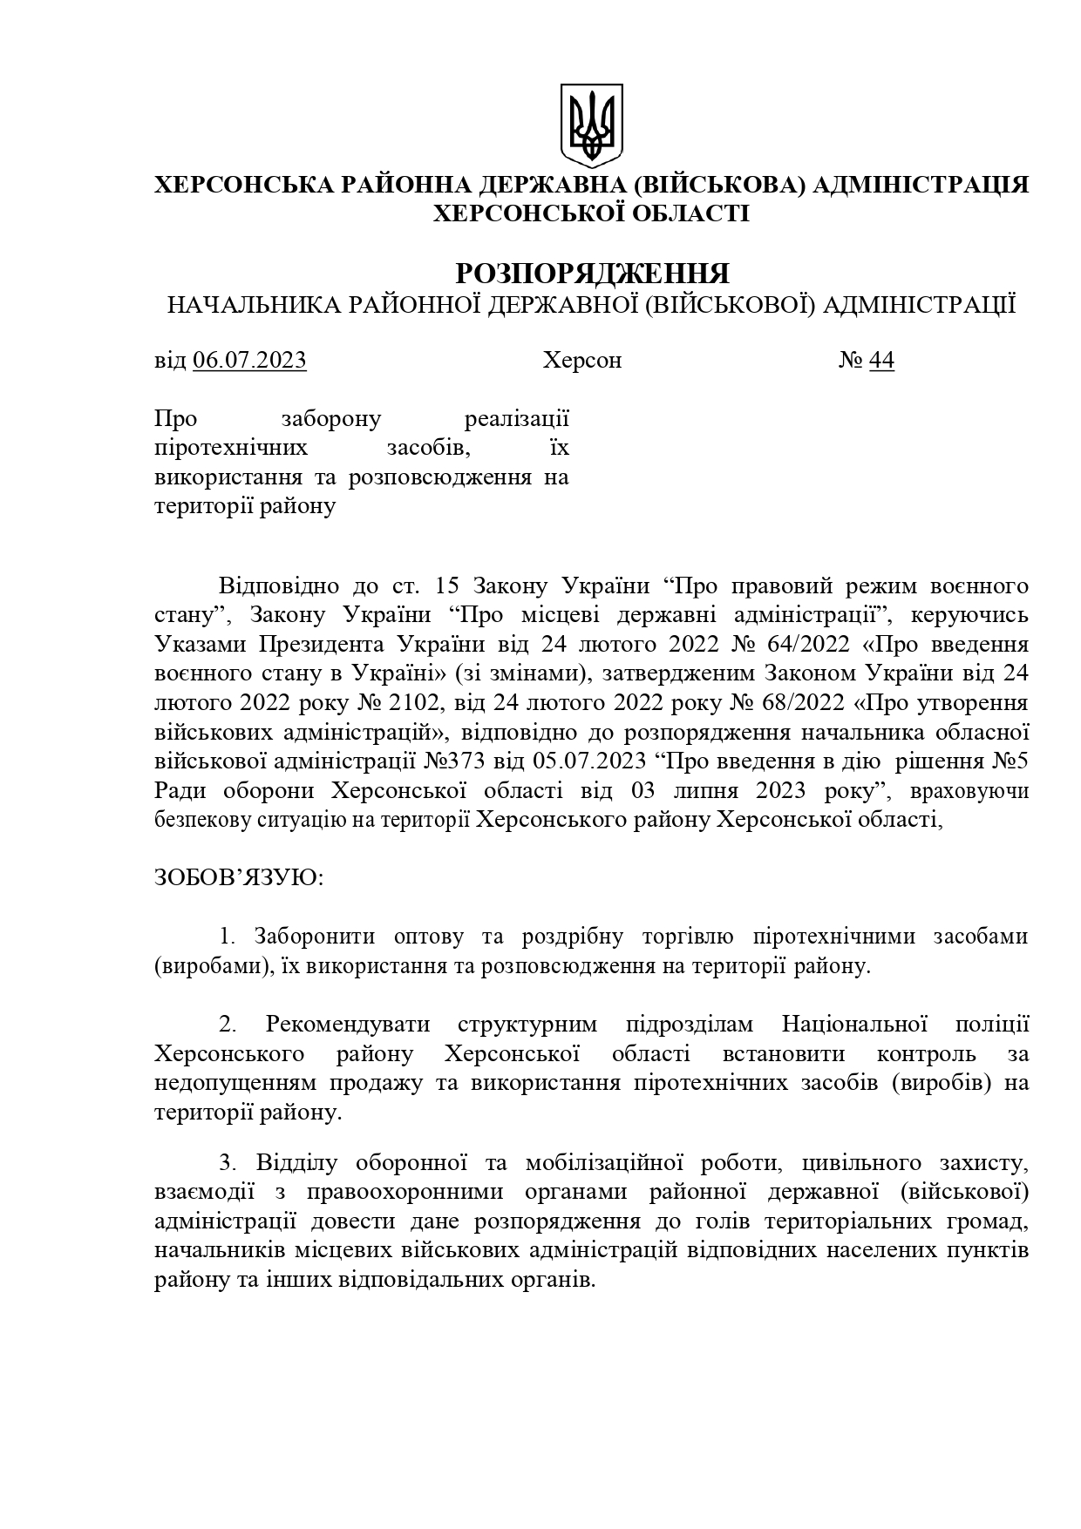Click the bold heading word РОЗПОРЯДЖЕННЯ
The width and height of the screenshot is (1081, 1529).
point(592,274)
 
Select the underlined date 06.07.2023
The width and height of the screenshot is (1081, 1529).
point(249,361)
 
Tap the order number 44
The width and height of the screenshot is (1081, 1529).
point(881,361)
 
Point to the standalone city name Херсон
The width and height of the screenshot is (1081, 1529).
point(581,361)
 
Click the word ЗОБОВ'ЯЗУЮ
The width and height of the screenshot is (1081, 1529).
point(238,876)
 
